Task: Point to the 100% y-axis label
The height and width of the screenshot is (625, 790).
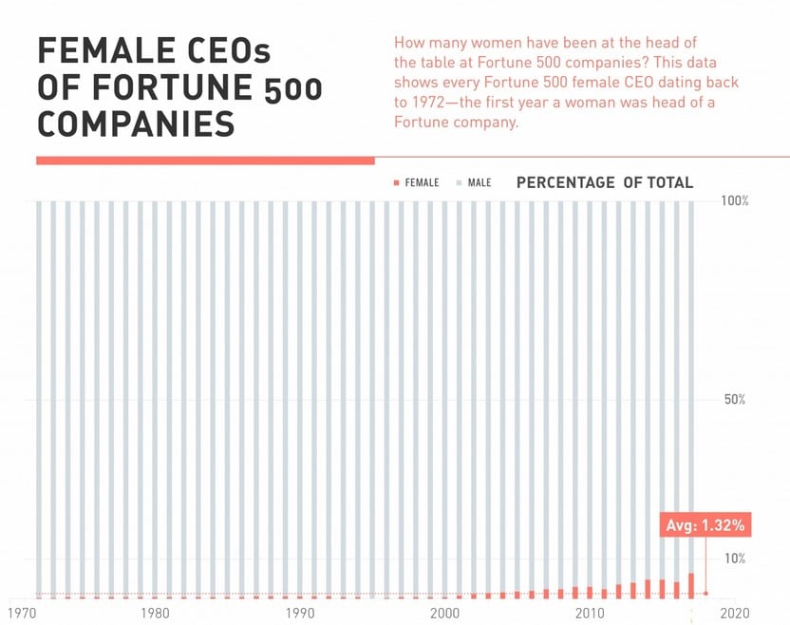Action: pos(735,201)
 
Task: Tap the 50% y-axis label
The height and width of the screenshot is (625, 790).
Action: pos(735,399)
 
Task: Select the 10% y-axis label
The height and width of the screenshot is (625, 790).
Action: pos(735,558)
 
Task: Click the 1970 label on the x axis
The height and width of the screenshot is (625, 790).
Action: pos(23,613)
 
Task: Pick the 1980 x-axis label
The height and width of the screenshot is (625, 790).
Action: pos(155,613)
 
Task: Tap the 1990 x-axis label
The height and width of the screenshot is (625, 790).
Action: pos(300,613)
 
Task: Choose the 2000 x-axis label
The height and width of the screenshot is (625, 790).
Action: pos(445,613)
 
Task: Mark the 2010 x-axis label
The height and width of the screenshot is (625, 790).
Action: pos(590,613)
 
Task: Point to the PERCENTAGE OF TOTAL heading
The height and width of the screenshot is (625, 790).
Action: pos(605,182)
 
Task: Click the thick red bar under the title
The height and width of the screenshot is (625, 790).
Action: pos(205,161)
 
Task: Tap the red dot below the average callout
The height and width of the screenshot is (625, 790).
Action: pos(705,594)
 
